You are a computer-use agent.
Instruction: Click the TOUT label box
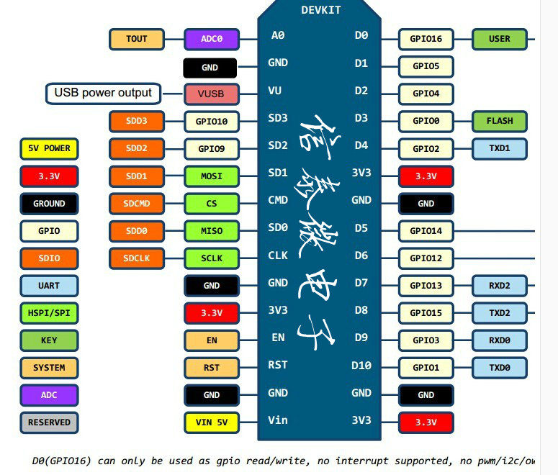137,39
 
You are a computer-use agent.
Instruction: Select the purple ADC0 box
212,39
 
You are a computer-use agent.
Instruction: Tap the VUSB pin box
211,94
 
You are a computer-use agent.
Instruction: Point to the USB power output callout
104,93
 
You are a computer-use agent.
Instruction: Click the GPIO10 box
212,122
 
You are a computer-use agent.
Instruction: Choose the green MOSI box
212,176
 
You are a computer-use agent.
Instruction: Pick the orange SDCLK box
137,258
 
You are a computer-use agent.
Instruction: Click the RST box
212,368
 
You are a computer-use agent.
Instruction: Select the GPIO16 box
426,39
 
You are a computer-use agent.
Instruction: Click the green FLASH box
500,121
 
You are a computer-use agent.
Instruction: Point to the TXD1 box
500,149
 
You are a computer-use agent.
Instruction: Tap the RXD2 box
500,286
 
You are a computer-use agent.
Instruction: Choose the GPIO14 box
426,231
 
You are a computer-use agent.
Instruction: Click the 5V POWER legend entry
49,149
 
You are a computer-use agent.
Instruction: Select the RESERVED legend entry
49,422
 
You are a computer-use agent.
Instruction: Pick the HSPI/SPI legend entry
49,313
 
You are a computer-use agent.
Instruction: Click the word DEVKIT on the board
320,10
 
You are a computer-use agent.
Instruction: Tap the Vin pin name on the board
278,420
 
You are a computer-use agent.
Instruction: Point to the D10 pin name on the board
361,366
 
